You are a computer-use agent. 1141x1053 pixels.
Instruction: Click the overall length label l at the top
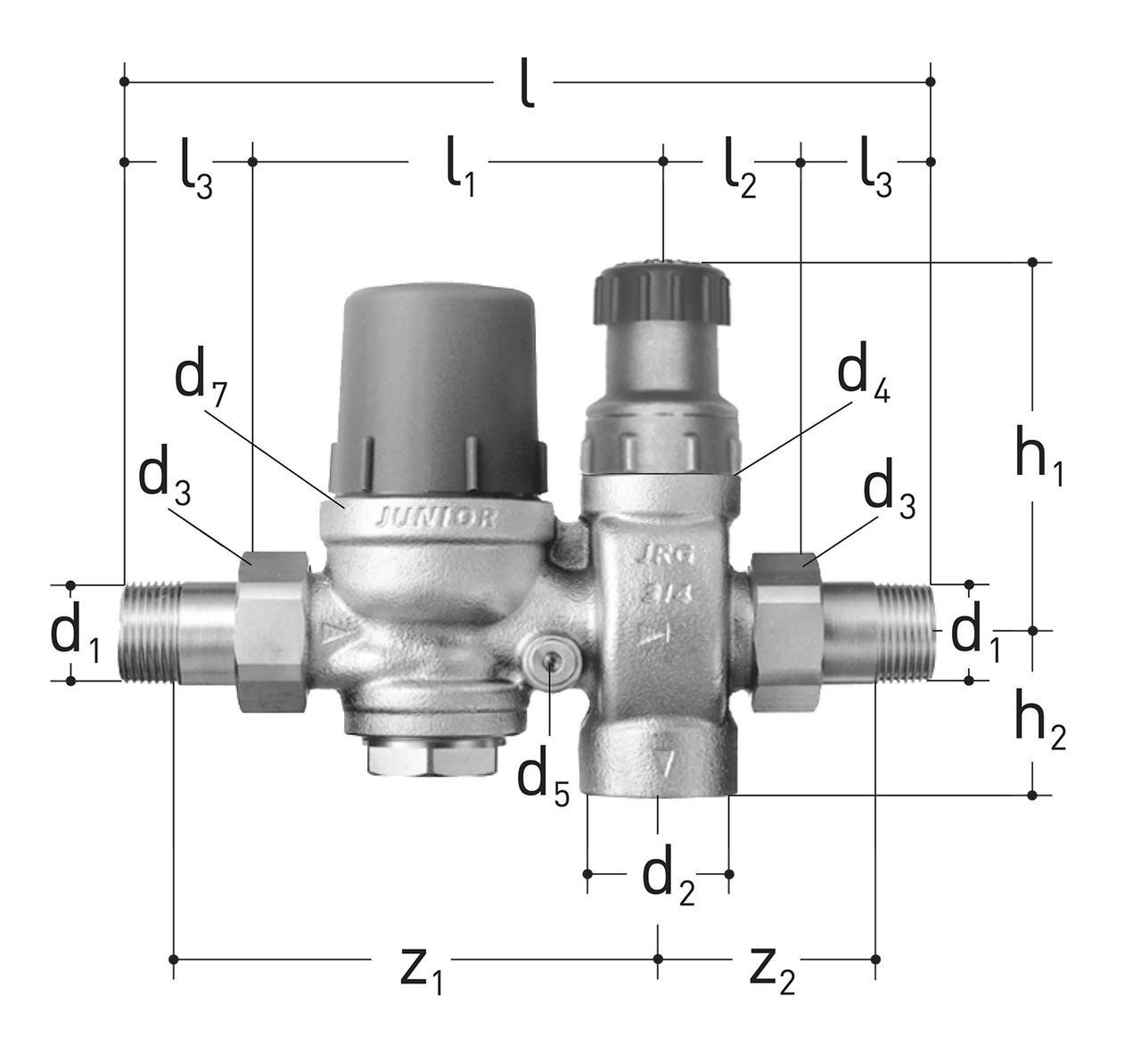(527, 82)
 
